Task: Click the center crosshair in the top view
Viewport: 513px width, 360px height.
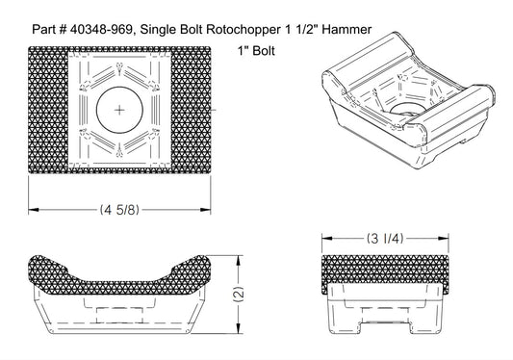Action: click(x=119, y=112)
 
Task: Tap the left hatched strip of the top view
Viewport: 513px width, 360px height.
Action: click(x=47, y=112)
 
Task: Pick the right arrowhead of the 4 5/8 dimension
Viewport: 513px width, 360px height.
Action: click(x=211, y=209)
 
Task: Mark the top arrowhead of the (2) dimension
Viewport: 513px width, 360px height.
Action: click(x=239, y=257)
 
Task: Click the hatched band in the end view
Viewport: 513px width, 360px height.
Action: click(x=385, y=272)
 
